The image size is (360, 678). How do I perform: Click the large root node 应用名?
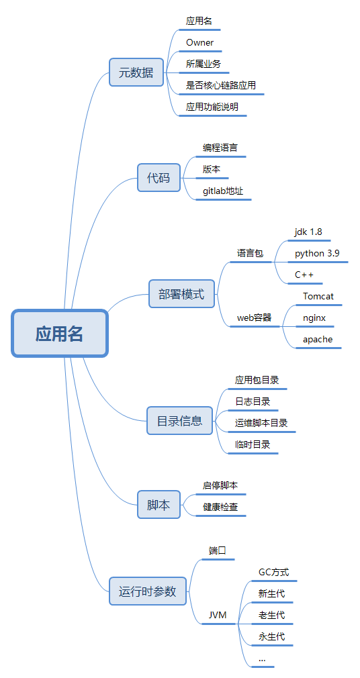point(60,334)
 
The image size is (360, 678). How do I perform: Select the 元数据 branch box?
point(136,72)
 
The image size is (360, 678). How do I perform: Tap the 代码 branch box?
point(159,178)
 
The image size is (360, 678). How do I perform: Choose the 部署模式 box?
point(181,294)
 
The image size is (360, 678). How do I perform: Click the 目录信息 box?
point(179,421)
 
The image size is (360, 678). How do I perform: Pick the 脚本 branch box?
point(159,505)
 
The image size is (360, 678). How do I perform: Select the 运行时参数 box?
point(148,591)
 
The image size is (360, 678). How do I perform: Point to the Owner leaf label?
point(199,42)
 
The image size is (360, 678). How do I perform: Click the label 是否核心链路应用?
point(221,85)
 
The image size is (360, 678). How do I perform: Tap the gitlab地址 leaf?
point(223,191)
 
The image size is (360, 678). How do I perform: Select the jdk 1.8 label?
point(308,232)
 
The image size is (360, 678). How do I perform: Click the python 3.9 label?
point(317,253)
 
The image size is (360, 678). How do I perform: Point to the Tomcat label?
point(318,296)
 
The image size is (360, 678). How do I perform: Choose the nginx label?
point(314,318)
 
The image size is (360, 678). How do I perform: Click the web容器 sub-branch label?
point(254,318)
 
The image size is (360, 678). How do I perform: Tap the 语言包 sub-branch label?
point(250,254)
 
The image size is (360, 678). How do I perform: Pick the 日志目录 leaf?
point(253,401)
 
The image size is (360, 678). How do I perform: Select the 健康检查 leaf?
point(220,507)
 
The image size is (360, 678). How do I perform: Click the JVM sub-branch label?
point(218,615)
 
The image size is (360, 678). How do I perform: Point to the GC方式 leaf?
point(273,573)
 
